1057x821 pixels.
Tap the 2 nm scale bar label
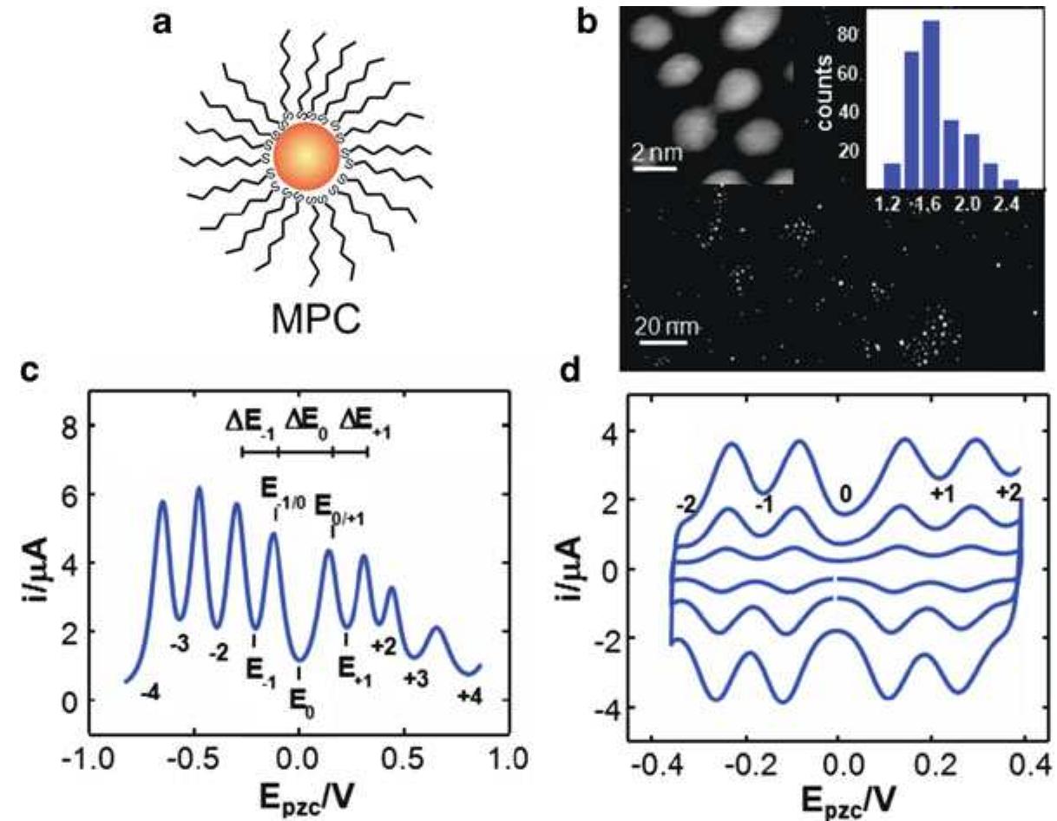653,153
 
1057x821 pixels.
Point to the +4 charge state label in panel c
469,695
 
